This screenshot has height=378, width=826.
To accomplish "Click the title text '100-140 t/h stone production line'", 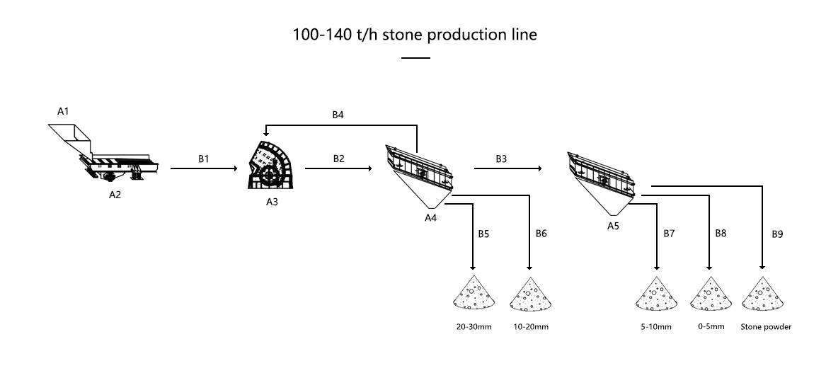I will [415, 35].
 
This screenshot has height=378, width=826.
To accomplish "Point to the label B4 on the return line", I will [339, 115].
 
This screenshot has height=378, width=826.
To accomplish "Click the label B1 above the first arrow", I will [203, 159].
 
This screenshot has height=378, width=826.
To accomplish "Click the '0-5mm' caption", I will [710, 327].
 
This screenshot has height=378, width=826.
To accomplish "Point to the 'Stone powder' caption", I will [765, 327].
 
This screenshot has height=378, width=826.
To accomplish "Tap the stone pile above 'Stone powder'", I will [764, 293].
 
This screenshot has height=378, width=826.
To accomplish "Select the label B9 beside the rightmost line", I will [777, 233].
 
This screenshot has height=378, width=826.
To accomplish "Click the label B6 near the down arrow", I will [541, 233].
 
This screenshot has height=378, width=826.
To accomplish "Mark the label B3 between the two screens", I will [501, 159].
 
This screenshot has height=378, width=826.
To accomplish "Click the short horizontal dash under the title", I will [415, 58].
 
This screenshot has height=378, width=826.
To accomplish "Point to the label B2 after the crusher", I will [339, 159].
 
